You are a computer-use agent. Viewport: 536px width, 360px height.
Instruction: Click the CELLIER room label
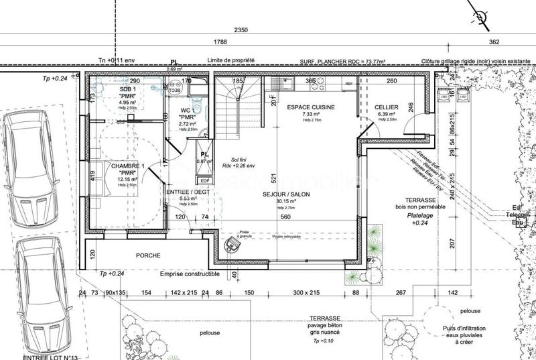tap(387, 107)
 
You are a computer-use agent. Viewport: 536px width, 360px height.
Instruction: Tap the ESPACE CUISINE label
tap(310, 107)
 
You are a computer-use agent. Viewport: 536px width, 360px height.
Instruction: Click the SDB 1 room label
tap(128, 89)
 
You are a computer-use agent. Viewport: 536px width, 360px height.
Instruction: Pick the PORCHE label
tap(148, 256)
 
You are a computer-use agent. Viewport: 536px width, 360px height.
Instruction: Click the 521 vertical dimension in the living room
tap(274, 178)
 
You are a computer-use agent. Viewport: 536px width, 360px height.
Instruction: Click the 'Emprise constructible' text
tap(190, 274)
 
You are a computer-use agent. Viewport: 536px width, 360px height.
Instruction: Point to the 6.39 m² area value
tap(387, 114)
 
